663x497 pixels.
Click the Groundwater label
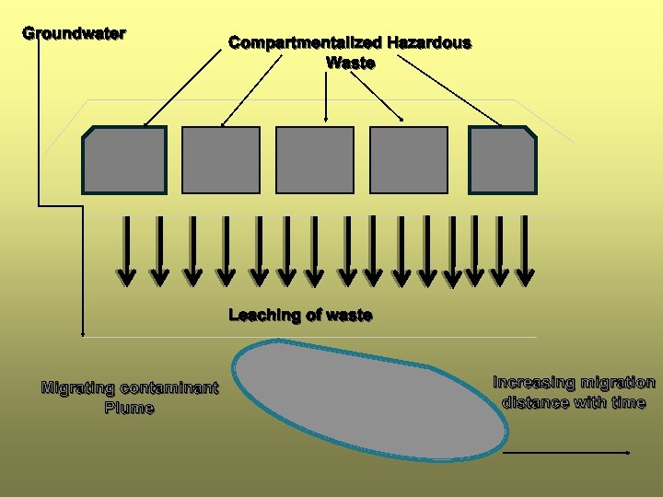[74, 33]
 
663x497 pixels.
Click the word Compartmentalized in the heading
[305, 42]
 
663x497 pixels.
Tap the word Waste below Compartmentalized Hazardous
[350, 63]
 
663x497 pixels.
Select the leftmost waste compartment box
[124, 160]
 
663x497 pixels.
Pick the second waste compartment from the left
[221, 160]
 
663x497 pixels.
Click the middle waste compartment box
[315, 160]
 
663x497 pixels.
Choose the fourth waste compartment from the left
[409, 160]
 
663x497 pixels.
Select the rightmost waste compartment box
[503, 160]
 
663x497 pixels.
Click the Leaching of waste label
[300, 315]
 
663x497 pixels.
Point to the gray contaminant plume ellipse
[368, 396]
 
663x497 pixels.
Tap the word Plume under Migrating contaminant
[130, 408]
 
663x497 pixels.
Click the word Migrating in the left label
[78, 387]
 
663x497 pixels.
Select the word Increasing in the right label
[534, 382]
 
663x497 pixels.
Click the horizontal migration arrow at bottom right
[566, 453]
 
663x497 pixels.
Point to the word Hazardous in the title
[429, 42]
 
